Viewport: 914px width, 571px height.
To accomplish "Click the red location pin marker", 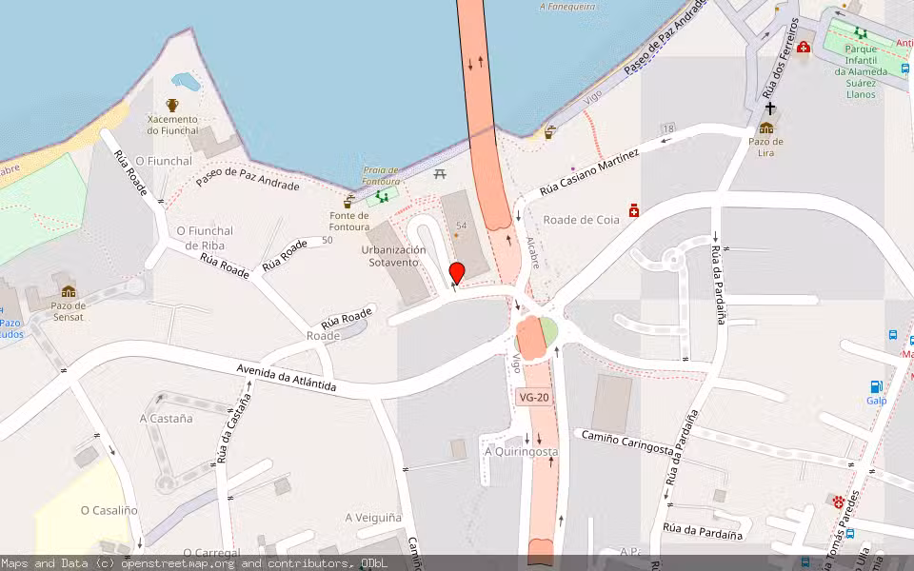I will coord(456,273).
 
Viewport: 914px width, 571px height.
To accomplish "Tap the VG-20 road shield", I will coord(534,398).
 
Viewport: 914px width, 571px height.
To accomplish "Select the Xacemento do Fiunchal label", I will coord(172,125).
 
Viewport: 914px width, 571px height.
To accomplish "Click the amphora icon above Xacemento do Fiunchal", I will coord(172,105).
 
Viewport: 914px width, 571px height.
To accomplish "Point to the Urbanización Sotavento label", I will coord(393,256).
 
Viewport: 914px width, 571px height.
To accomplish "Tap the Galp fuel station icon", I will coord(876,386).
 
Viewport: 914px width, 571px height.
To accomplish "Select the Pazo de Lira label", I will coord(766,147).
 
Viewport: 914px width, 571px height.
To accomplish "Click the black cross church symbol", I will coord(769,109).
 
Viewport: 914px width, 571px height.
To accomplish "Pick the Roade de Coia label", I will coord(581,220).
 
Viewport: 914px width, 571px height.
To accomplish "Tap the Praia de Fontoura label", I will coord(381,176).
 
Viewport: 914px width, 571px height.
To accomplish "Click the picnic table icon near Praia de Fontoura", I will coord(440,174).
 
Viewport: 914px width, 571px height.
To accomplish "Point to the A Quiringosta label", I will coord(520,451).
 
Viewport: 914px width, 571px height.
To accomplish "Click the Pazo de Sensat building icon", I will coord(68,290).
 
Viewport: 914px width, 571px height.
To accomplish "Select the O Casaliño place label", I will coord(109,510).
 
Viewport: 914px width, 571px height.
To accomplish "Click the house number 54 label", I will coord(462,226).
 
